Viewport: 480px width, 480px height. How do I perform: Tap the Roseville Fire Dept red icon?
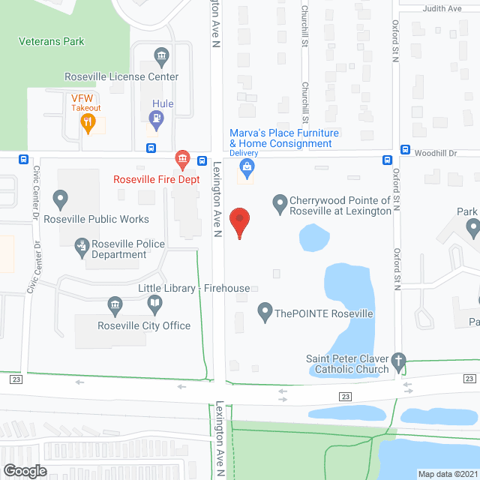pos(181,158)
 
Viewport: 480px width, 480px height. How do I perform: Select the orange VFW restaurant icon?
pos(88,123)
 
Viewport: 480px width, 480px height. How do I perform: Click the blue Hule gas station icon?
pos(157,118)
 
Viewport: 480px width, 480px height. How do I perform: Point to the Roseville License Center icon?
pos(161,56)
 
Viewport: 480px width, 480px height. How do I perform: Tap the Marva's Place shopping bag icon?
pos(244,168)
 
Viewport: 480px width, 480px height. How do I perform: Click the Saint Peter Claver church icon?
pos(400,361)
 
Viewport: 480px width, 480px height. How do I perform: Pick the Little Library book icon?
pos(154,304)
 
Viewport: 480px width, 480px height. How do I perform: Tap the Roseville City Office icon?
pos(114,304)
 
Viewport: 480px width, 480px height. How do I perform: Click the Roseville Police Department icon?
pos(82,244)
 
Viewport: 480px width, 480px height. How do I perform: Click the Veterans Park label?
pos(52,42)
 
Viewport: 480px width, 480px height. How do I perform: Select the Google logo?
pos(25,470)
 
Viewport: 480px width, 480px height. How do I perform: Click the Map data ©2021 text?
pos(447,474)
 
